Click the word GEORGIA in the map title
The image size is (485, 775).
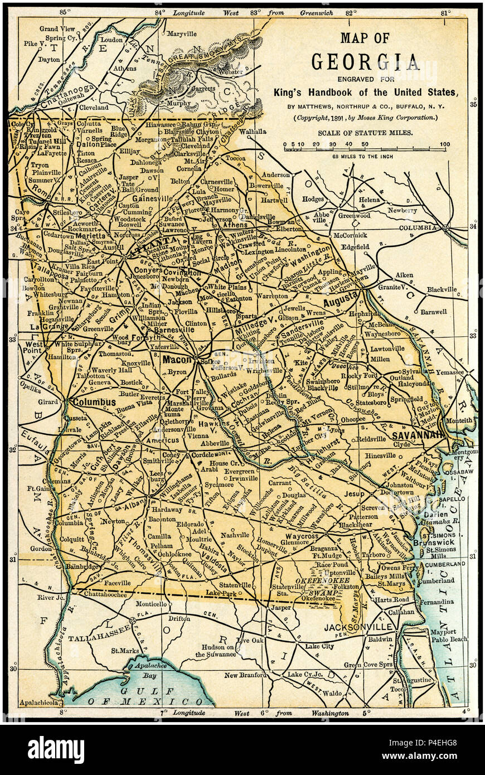[365, 61]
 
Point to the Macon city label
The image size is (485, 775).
[177, 360]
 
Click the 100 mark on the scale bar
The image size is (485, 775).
[444, 145]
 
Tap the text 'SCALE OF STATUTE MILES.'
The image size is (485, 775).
[365, 133]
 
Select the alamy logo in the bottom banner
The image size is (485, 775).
[56, 750]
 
